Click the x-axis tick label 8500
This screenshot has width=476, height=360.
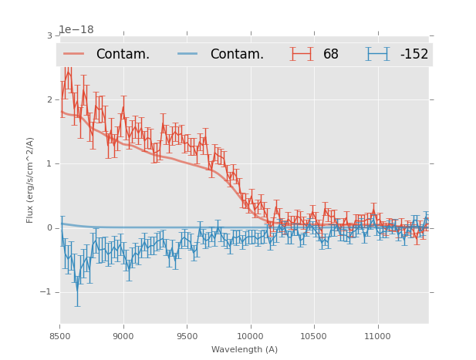coord(60,336)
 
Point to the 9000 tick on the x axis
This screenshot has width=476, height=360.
coord(123,336)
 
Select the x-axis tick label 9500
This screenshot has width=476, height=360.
coord(187,336)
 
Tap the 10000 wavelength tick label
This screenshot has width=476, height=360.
coord(250,336)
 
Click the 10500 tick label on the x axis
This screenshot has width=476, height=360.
coord(313,336)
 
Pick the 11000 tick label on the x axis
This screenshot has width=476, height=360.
coord(376,336)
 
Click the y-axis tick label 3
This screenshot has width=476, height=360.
coord(49,35)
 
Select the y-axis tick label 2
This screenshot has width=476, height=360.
coord(49,99)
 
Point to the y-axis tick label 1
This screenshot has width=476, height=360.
coord(49,163)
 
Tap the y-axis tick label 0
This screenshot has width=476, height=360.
coord(49,227)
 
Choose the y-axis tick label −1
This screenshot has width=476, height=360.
coord(46,291)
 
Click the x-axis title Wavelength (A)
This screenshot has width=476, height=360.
coord(244,349)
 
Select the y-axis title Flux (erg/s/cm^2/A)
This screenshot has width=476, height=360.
coord(31,180)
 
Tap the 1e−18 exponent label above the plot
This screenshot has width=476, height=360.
coord(76,30)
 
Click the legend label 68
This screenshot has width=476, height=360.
coord(331,54)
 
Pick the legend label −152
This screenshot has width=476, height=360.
coord(414,54)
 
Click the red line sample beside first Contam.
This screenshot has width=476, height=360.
coord(74,54)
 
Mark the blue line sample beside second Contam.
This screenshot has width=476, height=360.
coord(188,54)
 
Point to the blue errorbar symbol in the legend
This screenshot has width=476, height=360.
coord(378,54)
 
